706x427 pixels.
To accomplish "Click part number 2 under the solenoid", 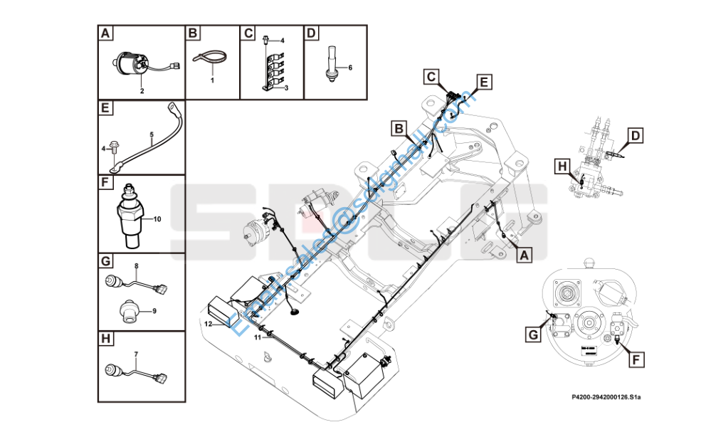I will (x=142, y=91).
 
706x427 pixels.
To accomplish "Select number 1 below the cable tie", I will (x=212, y=81).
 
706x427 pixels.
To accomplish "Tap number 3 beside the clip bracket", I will (x=286, y=88).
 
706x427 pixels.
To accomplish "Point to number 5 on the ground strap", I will (x=151, y=134).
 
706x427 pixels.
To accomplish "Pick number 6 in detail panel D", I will (x=349, y=68).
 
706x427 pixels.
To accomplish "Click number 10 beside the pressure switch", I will (x=157, y=219).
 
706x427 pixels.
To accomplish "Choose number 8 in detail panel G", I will (x=136, y=265).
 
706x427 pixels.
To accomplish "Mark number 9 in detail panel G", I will (x=154, y=310).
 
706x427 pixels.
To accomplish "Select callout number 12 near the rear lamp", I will (x=208, y=324).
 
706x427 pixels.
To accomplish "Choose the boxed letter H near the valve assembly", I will (x=562, y=166).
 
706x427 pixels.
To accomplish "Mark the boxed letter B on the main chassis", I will (x=400, y=128).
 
